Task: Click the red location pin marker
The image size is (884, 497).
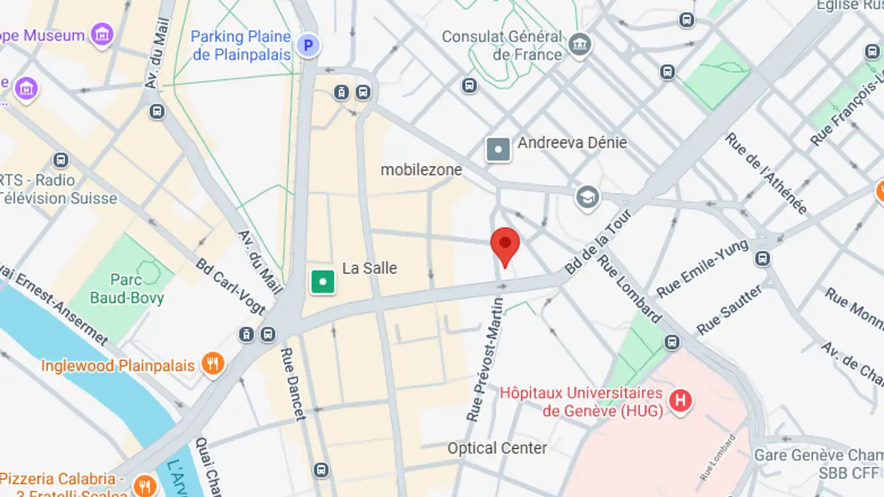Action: click(x=505, y=244)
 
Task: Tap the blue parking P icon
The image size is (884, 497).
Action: click(x=309, y=45)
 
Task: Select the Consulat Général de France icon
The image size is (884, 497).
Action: click(x=580, y=44)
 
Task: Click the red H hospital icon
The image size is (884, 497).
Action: click(x=680, y=401)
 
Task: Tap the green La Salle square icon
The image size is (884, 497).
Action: click(x=323, y=282)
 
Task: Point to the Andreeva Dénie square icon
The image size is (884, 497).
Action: click(x=498, y=149)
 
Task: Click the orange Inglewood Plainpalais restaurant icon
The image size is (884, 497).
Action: click(x=212, y=364)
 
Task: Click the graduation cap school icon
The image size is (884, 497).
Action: click(x=587, y=198)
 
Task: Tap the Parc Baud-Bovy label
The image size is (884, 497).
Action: click(x=126, y=289)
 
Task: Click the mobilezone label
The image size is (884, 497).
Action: click(x=421, y=170)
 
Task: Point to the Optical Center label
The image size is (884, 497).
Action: click(x=497, y=448)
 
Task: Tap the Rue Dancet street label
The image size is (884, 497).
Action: click(x=292, y=384)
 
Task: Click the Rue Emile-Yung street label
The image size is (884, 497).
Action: click(x=702, y=268)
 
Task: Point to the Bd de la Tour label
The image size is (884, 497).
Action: click(x=598, y=242)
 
